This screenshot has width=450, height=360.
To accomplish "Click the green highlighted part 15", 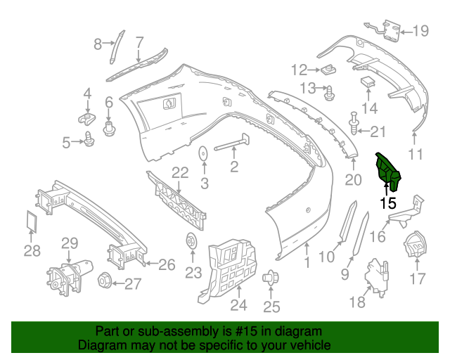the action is (387, 172).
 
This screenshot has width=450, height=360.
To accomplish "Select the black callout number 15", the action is (388, 203).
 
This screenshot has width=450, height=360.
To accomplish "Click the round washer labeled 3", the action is (203, 154).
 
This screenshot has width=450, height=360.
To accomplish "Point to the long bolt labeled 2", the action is (231, 143).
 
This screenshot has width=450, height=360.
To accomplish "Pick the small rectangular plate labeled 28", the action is (32, 221).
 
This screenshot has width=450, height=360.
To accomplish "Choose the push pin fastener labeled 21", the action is (354, 124).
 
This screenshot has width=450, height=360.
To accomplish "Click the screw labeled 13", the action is (329, 93).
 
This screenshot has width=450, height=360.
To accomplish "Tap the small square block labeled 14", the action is (368, 82).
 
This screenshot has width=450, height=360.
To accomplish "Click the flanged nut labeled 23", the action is (191, 240).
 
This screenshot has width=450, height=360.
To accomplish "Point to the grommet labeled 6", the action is (109, 129).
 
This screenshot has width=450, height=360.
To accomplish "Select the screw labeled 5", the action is (89, 139).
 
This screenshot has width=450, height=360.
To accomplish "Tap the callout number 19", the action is (420, 31).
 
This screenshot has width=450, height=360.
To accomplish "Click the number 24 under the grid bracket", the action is (239, 305).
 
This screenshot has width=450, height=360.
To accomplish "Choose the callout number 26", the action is (167, 264).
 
